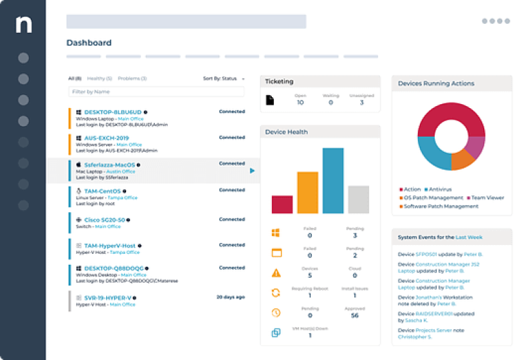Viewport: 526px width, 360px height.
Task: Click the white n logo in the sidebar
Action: [23, 25]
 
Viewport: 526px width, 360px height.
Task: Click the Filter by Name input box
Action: [156, 91]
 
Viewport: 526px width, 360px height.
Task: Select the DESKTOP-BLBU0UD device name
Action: [112, 112]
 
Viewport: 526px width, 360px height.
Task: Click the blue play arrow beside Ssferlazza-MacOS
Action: [252, 170]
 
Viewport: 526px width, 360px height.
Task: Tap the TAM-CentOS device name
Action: [103, 191]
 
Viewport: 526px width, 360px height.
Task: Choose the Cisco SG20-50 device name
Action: [104, 220]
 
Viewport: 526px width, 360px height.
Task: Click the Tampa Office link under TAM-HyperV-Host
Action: [124, 252]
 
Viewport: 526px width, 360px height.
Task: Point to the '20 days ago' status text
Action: [230, 297]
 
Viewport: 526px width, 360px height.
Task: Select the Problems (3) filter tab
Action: [134, 79]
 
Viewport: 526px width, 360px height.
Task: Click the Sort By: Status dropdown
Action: [223, 79]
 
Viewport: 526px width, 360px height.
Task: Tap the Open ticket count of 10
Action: [300, 103]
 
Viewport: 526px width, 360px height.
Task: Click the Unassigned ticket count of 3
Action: [362, 103]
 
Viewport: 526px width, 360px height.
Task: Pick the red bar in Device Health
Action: [282, 205]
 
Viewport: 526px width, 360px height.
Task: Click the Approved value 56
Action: [354, 316]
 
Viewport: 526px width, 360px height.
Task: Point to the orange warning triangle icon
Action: [277, 273]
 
